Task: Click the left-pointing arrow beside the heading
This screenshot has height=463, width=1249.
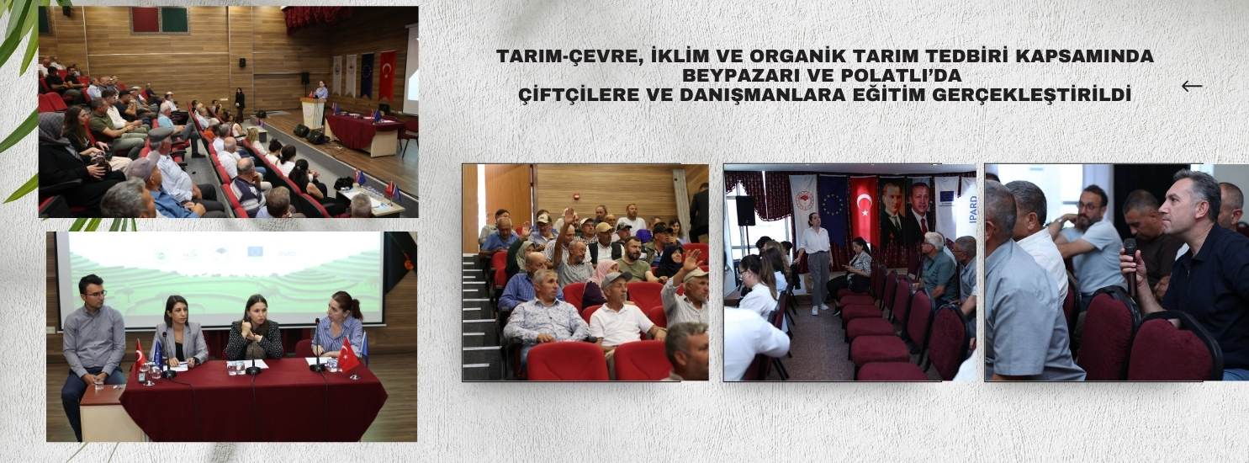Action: (1192, 86)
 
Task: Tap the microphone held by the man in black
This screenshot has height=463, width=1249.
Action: (1130, 266)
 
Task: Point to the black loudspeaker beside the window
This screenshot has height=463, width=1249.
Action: (745, 210)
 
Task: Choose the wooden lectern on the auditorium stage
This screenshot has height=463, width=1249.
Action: (313, 113)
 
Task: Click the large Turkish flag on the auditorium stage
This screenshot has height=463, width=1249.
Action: (388, 75)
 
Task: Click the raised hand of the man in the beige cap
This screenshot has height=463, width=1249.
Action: (692, 260)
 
